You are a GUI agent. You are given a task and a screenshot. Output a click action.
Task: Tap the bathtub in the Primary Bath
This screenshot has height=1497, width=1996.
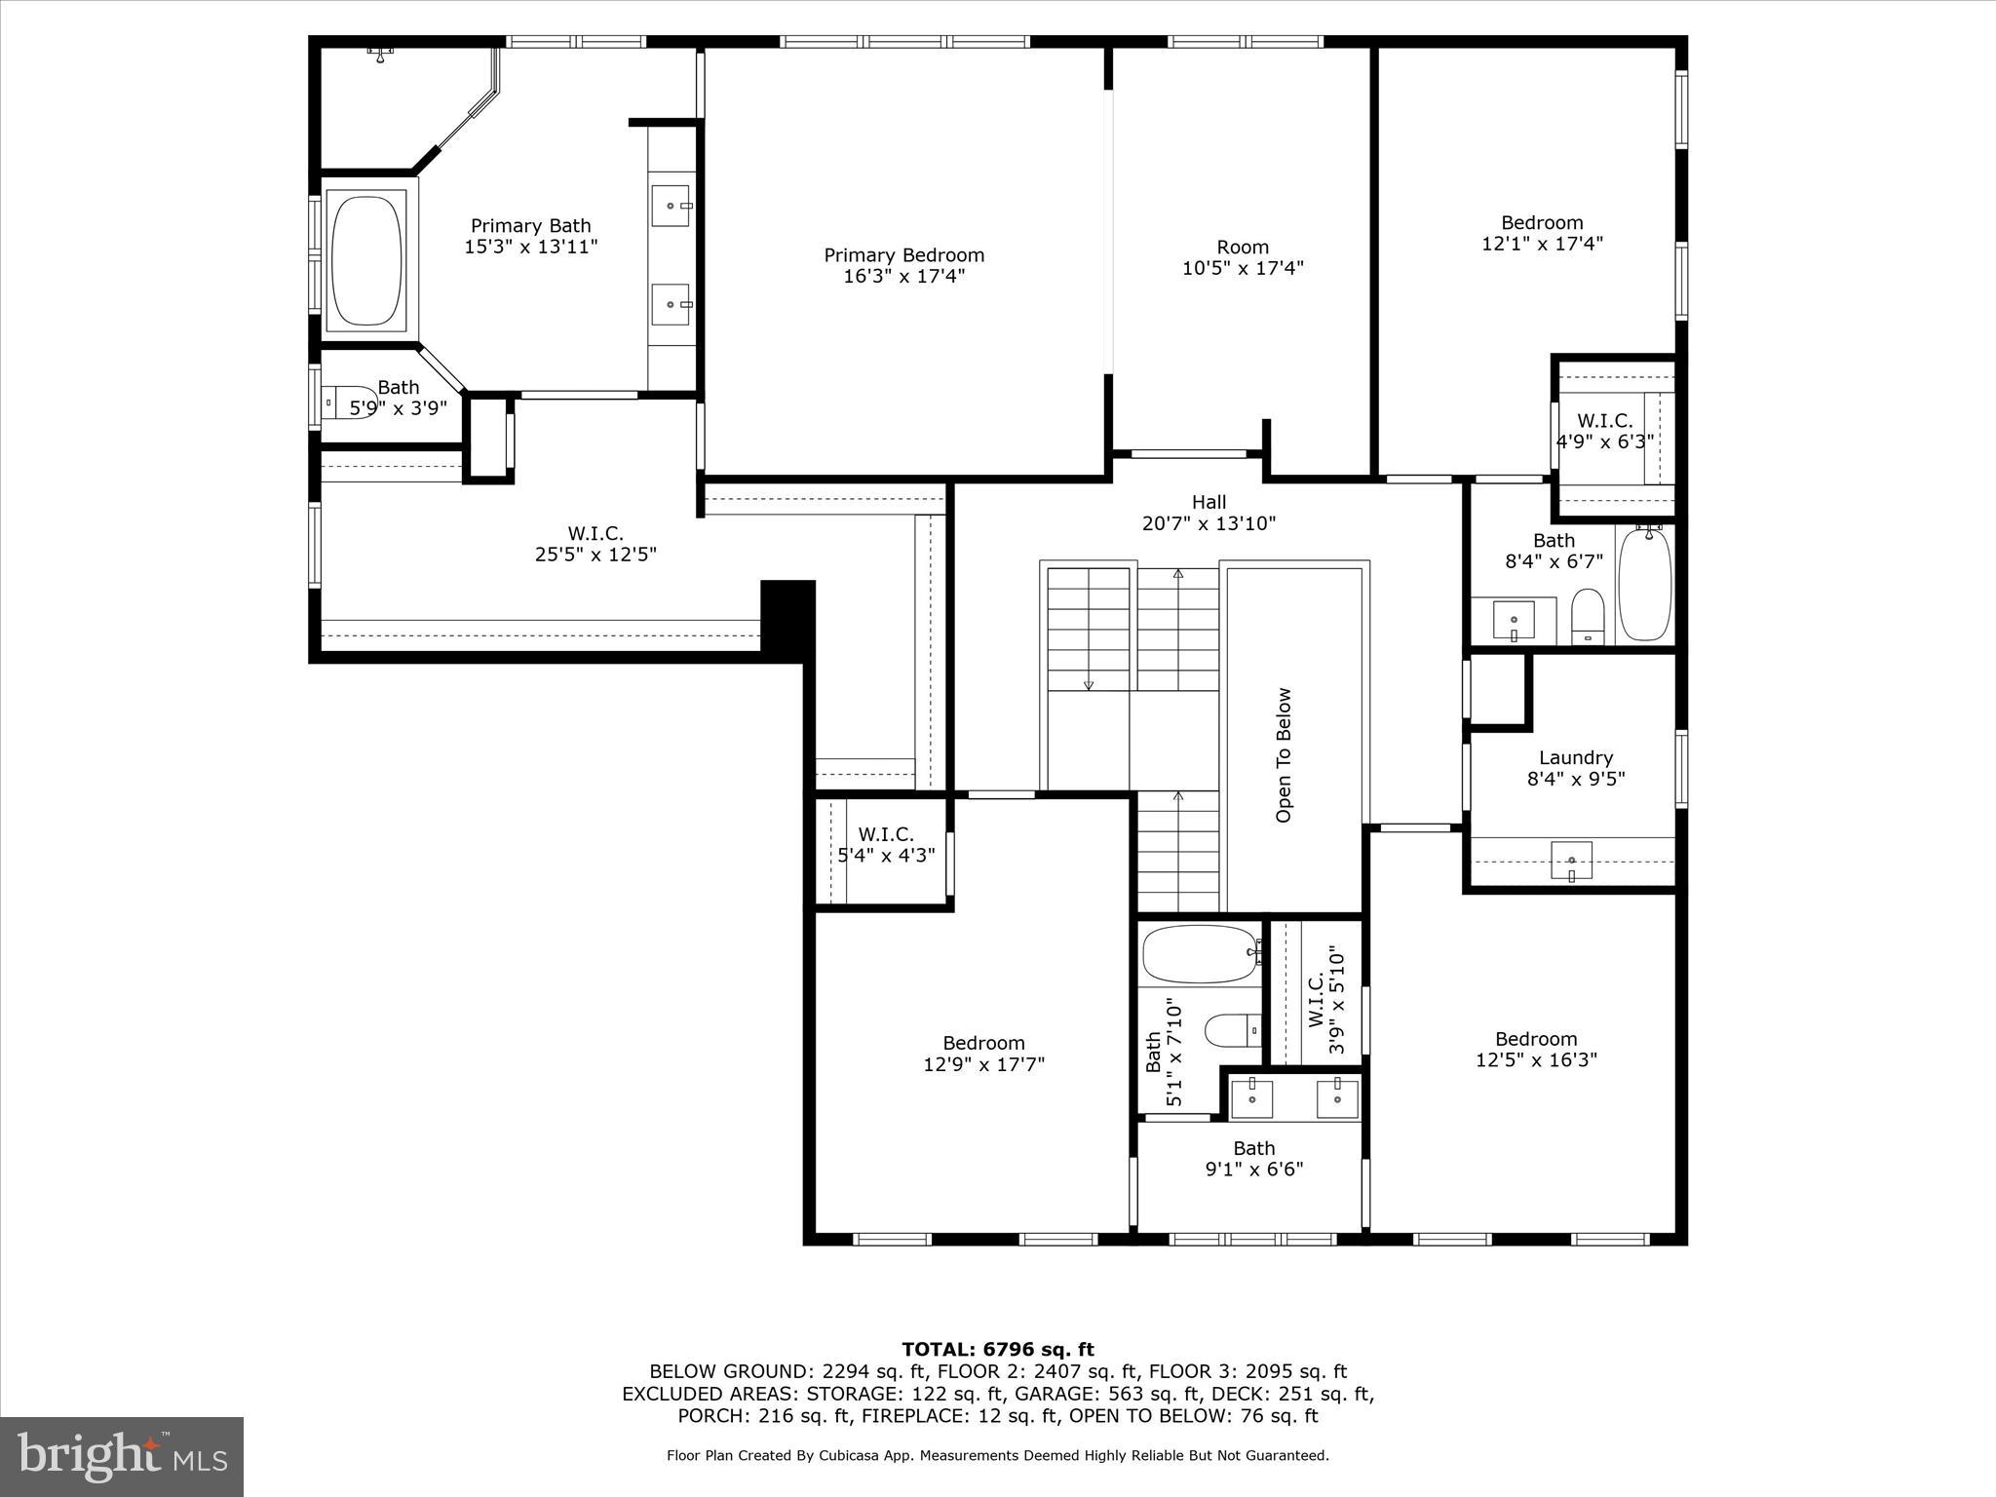point(366,259)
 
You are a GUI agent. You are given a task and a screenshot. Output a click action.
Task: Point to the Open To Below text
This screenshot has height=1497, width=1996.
point(1284,755)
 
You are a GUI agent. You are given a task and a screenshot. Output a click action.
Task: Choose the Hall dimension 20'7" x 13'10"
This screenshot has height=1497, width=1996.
point(1209,524)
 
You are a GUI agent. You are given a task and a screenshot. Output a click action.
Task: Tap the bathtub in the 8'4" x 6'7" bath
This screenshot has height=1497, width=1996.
point(1645,584)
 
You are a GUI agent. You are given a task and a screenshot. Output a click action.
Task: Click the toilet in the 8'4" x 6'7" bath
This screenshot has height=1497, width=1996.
point(1588,616)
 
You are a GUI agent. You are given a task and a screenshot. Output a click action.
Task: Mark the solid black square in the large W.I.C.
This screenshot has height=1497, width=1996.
point(787,614)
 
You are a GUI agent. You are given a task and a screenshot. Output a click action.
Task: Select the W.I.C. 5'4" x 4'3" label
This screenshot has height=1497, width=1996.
point(886,845)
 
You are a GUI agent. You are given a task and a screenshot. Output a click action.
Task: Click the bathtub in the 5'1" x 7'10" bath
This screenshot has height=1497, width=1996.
point(1200,954)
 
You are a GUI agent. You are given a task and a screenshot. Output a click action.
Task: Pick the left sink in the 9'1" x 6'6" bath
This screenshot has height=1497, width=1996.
point(1251,1098)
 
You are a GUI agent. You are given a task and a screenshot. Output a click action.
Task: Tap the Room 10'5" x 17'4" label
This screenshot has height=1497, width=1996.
point(1243,257)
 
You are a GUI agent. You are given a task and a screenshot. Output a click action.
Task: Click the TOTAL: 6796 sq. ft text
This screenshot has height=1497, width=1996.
point(998,1350)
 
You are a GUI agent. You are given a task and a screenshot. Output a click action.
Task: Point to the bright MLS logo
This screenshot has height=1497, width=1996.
point(122,1457)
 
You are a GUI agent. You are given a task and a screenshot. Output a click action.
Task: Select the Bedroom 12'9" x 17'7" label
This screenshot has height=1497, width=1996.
point(983,1054)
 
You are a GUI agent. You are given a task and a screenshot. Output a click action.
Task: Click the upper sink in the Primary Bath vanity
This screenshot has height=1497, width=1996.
point(671,206)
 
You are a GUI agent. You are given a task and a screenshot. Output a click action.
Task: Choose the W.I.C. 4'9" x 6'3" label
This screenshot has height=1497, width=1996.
point(1604,431)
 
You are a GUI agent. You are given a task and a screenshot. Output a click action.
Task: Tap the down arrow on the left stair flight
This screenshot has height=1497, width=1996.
point(1089,684)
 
